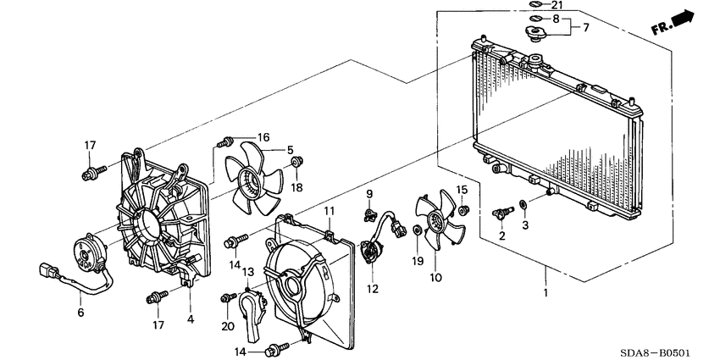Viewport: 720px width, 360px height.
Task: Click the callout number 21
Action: [x=557, y=6]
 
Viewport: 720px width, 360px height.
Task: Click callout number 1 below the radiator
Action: [x=546, y=293]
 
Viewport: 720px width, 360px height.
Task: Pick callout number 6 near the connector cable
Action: [x=81, y=313]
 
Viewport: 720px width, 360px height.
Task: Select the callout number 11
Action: [x=330, y=210]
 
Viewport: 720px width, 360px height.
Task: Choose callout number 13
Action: [x=248, y=273]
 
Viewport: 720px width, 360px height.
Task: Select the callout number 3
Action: [x=524, y=224]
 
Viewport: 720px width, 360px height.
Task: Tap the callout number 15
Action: [x=462, y=189]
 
